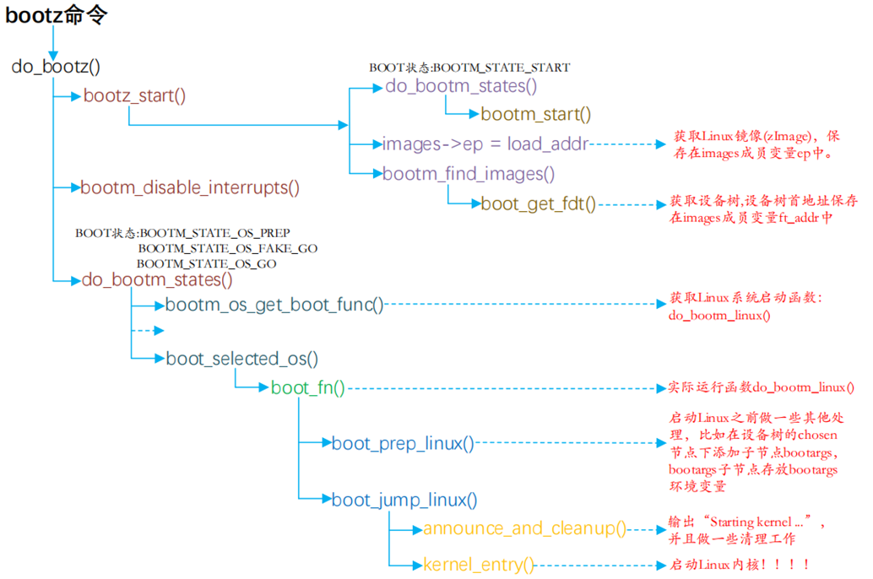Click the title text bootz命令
coord(57,14)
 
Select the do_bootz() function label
coord(56,66)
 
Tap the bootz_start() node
coord(134,95)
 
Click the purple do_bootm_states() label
coord(461,85)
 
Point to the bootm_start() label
coord(536,114)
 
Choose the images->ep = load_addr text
coord(485,143)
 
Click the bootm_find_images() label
coord(469,174)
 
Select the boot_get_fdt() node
coord(539,203)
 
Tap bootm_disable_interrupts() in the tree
coord(190,187)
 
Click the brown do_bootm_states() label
coord(157,279)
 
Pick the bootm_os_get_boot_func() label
coord(274,305)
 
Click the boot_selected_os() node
coord(241,359)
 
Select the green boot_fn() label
coord(307,388)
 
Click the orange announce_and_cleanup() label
coord(524,529)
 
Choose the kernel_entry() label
coord(479,565)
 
